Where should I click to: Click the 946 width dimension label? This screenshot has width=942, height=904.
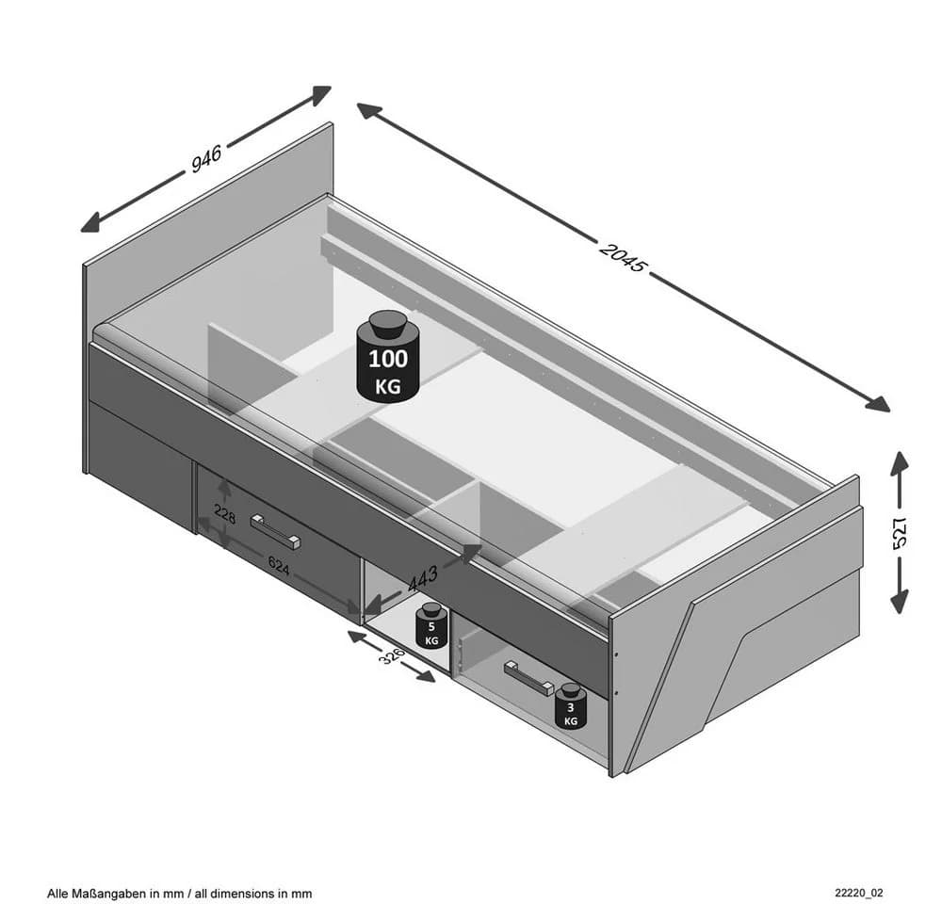206,158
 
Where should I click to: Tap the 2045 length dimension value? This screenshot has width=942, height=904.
624,258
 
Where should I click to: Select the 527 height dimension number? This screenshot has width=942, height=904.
900,532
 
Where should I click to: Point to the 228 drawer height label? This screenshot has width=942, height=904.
225,514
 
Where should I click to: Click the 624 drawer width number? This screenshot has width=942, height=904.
279,566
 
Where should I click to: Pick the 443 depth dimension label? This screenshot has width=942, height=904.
423,579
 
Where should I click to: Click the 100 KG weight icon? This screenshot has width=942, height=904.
387,356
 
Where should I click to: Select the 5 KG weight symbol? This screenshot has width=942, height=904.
431,626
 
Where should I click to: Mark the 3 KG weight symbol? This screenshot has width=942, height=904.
570,706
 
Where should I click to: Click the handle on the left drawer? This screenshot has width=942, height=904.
275,532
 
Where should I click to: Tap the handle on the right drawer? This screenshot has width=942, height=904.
528,679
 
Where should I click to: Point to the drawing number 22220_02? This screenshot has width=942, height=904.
859,894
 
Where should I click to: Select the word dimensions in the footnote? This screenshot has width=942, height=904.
240,894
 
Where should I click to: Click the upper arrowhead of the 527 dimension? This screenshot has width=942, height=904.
900,462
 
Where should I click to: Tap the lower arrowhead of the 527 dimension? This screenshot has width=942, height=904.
900,601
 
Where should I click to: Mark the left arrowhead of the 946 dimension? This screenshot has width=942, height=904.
90,223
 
